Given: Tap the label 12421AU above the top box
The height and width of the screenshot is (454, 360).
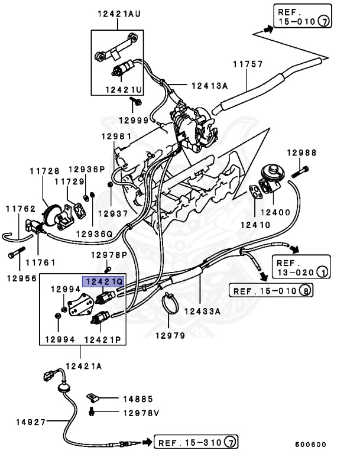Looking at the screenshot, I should [x=119, y=14].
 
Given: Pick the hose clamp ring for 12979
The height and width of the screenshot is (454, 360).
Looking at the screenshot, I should [x=171, y=307].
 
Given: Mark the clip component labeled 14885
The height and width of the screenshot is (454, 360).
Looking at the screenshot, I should [x=93, y=397].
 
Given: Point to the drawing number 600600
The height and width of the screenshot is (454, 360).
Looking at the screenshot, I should [x=310, y=445].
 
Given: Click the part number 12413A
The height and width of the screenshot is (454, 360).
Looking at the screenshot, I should [x=209, y=85].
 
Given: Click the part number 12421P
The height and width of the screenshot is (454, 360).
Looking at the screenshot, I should [x=102, y=340].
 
